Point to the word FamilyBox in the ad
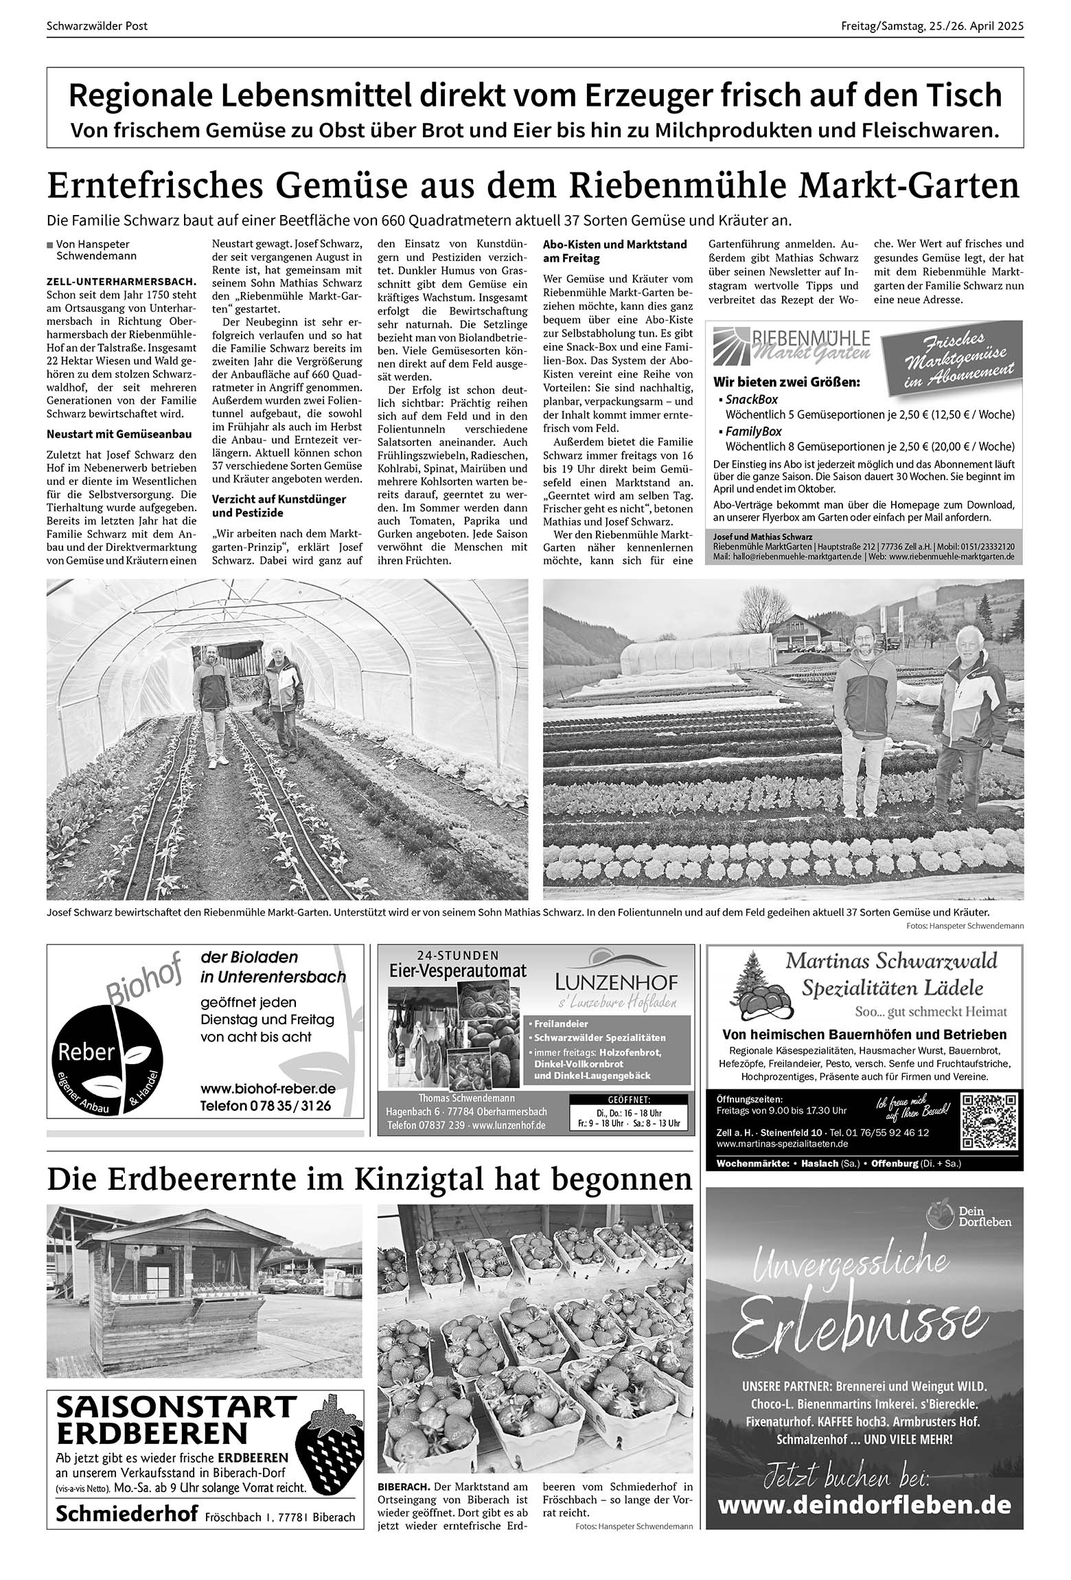point(753,431)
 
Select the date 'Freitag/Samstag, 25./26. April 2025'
point(932,27)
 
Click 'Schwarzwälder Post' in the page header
point(97,27)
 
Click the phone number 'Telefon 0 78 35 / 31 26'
point(265,1106)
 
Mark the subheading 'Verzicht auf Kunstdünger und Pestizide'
point(279,506)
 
